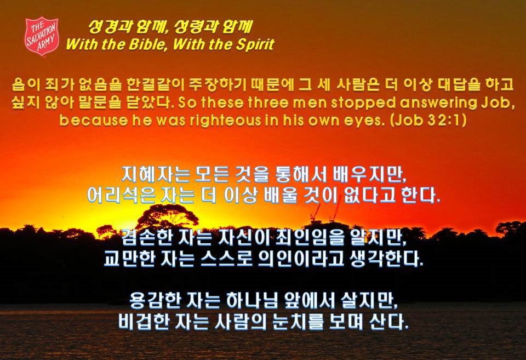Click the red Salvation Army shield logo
pyautogui.click(x=42, y=36)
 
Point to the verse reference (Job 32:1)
pyautogui.click(x=428, y=120)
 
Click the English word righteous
pyautogui.click(x=225, y=121)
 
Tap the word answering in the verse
pyautogui.click(x=438, y=102)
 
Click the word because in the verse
pyautogui.click(x=94, y=121)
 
